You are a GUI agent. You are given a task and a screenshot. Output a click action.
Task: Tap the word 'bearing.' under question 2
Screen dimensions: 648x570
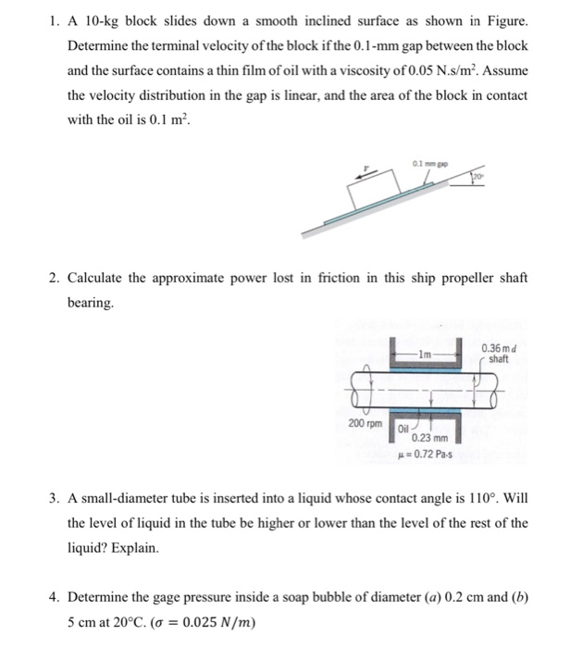point(93,303)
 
